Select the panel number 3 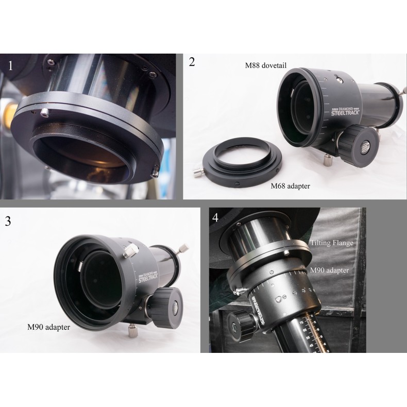[8, 221]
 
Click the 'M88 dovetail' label [265, 65]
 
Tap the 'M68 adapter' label [290, 186]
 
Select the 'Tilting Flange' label [331, 243]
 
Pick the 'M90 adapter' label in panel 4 [329, 269]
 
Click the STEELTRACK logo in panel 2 [348, 110]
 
